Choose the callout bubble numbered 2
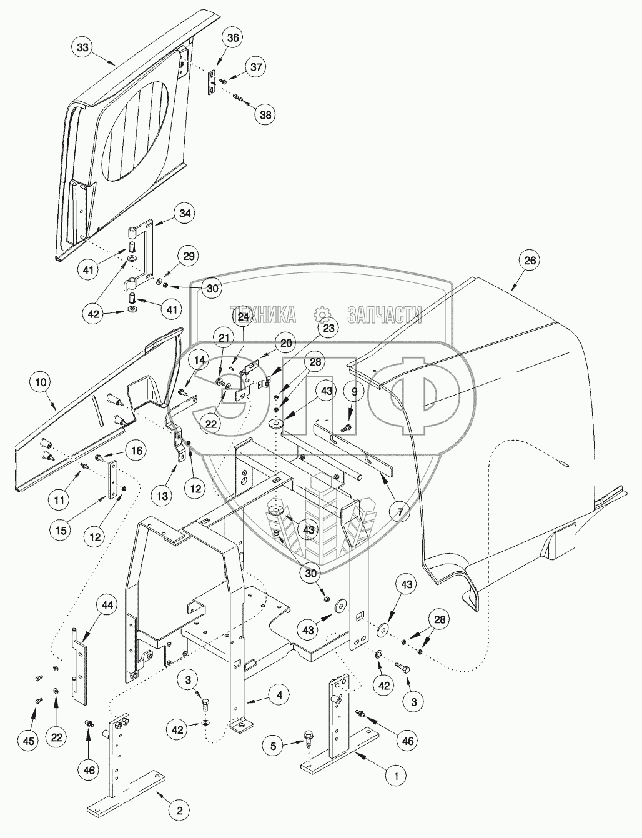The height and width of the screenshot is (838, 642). (179, 811)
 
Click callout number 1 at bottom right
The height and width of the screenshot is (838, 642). (394, 776)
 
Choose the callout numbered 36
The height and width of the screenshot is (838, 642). (232, 38)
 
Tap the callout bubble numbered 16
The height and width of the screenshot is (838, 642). (136, 450)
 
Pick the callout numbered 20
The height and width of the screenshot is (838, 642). (285, 343)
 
